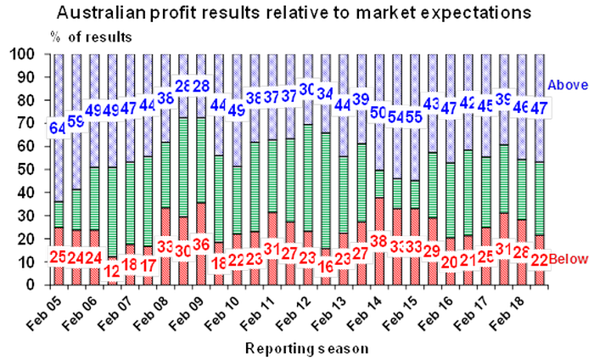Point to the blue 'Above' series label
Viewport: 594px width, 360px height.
coord(563,84)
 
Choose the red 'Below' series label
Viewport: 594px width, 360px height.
coord(566,257)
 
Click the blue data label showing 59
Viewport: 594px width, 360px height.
coord(76,121)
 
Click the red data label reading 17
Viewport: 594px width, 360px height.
coord(148,266)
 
